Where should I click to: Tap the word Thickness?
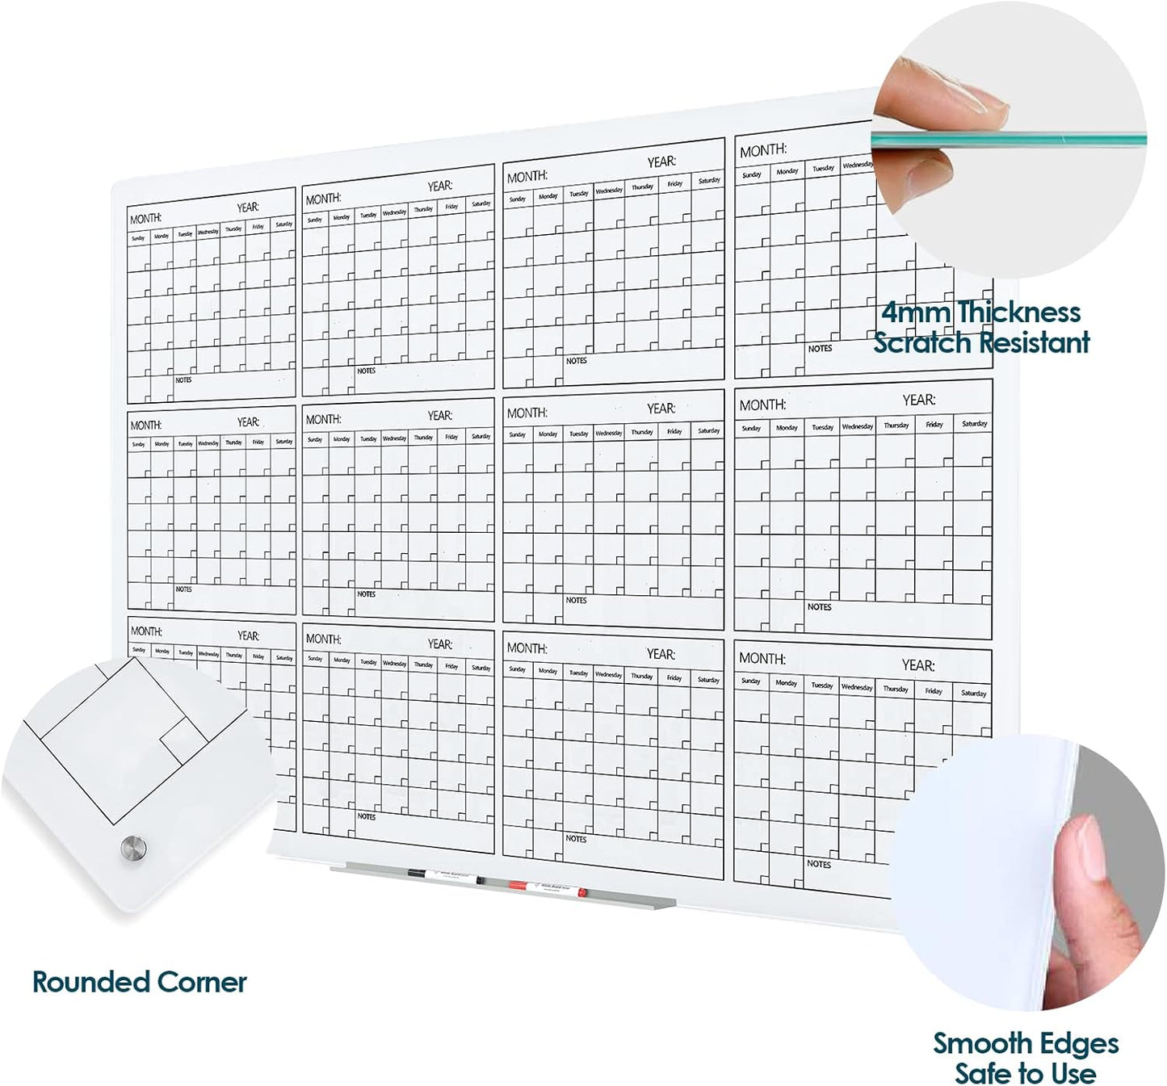[x=1019, y=312]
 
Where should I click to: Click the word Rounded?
[x=91, y=982]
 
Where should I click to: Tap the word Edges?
[x=1079, y=1043]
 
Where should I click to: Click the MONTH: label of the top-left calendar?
[x=146, y=219]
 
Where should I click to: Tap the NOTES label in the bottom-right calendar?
[x=819, y=864]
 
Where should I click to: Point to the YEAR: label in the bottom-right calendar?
[x=918, y=665]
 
